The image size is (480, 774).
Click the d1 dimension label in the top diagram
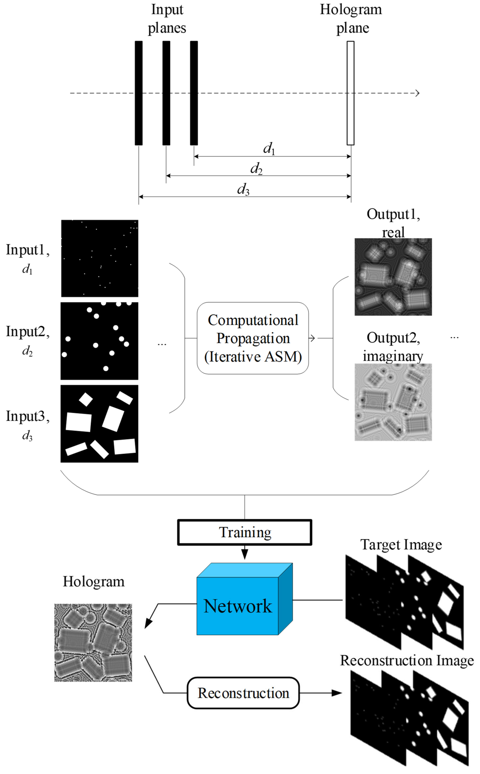269,148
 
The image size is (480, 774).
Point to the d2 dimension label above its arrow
256,168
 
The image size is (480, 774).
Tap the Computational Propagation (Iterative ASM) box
253,338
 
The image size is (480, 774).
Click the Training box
244,532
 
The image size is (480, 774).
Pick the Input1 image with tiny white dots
100,258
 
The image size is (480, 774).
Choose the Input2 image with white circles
99,341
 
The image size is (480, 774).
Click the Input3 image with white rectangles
99,424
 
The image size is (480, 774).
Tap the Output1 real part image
393,277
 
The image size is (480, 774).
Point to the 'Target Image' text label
401,545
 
